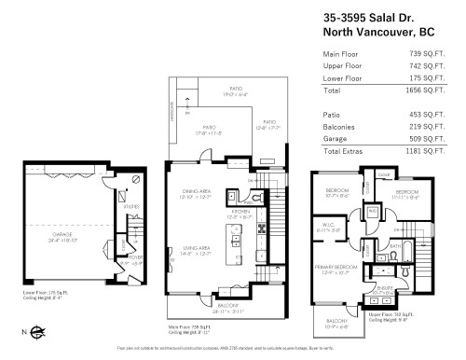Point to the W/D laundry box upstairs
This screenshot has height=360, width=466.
click(x=372, y=211)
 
